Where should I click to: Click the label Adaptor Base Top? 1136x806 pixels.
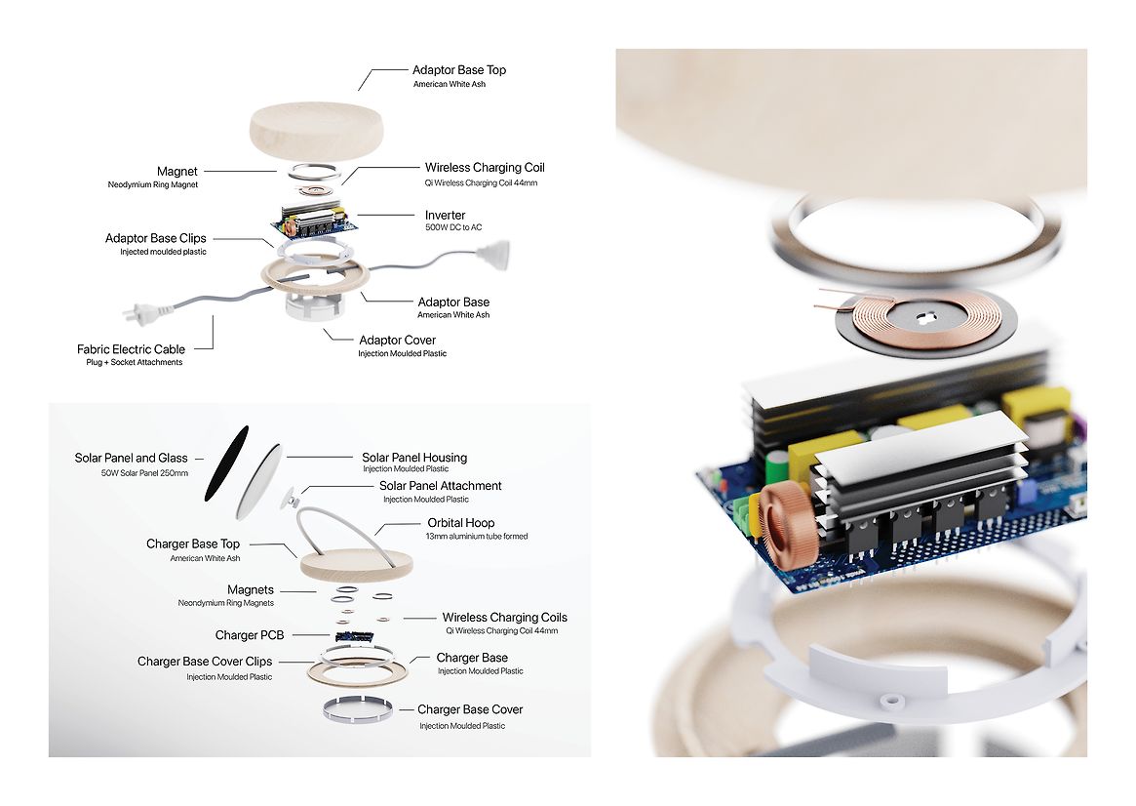coord(458,70)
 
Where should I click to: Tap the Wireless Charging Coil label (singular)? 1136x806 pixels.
coord(485,168)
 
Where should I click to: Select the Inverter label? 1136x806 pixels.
coord(445,215)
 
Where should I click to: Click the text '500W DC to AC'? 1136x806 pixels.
coord(453,228)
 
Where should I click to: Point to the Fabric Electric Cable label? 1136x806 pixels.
coord(131,349)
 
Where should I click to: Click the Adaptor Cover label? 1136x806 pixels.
coord(397,341)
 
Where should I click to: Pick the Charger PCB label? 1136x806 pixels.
coord(250,635)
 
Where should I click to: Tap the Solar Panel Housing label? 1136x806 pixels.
coord(414,458)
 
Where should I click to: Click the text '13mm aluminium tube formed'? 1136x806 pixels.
coord(476,537)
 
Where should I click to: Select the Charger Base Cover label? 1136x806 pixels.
coord(470,709)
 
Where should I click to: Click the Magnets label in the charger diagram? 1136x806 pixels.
coord(251,590)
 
